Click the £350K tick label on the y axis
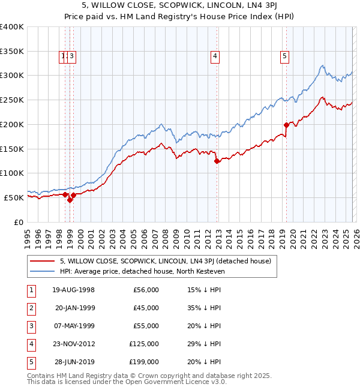[x=12, y=52]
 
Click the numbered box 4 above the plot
[x=214, y=57]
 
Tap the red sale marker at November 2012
[x=217, y=161]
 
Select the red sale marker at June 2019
[x=286, y=125]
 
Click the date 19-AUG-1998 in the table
[x=73, y=290]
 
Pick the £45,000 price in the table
[x=144, y=308]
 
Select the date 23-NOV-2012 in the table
[x=73, y=344]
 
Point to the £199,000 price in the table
[x=144, y=362]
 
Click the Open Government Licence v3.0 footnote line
[x=119, y=382]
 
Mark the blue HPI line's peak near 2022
[x=322, y=65]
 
